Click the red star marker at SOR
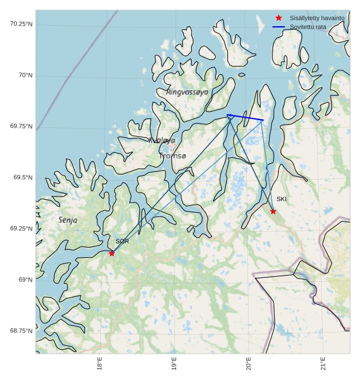(x=111, y=253)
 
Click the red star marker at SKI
(x=273, y=211)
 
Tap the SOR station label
(x=122, y=242)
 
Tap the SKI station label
(x=281, y=199)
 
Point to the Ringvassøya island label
(x=187, y=92)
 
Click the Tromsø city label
(x=173, y=156)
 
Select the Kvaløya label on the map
(x=162, y=141)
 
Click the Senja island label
(x=68, y=220)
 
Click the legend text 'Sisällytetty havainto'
(x=317, y=18)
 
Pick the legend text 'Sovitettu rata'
(x=308, y=27)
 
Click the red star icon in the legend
(x=279, y=18)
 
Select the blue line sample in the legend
(x=279, y=27)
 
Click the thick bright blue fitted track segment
(x=245, y=117)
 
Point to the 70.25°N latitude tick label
(x=21, y=24)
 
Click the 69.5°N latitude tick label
(x=23, y=177)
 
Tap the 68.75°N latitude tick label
(x=21, y=331)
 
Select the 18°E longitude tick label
(x=100, y=363)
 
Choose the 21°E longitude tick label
(x=323, y=363)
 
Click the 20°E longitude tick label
(x=249, y=363)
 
